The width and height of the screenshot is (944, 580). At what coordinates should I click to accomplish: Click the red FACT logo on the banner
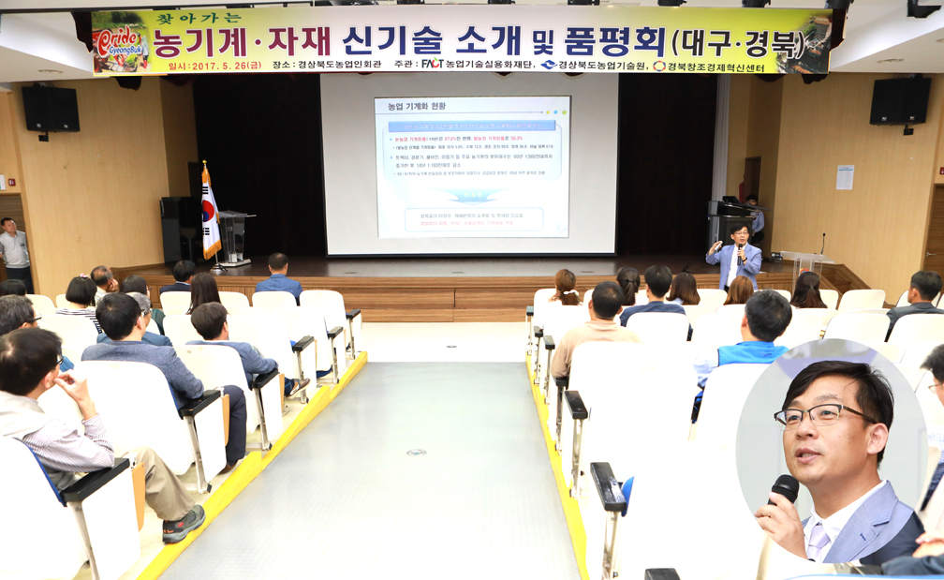(432, 65)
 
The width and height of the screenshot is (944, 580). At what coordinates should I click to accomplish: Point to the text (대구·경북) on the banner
(737, 42)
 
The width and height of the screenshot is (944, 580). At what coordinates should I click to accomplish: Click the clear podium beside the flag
(233, 236)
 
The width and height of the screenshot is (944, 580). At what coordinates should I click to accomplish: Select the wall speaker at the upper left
(51, 109)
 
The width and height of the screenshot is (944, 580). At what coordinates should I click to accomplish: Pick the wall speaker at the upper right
(899, 101)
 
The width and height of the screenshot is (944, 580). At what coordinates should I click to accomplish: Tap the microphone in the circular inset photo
(783, 490)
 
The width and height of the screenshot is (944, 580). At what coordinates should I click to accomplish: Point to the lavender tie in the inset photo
(819, 543)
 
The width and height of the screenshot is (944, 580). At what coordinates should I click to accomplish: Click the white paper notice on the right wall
(844, 177)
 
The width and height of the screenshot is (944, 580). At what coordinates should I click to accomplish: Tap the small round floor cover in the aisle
(416, 452)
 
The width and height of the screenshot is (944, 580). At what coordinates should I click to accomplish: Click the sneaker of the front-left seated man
(184, 525)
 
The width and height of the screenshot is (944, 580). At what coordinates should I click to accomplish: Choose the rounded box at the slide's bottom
(473, 219)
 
